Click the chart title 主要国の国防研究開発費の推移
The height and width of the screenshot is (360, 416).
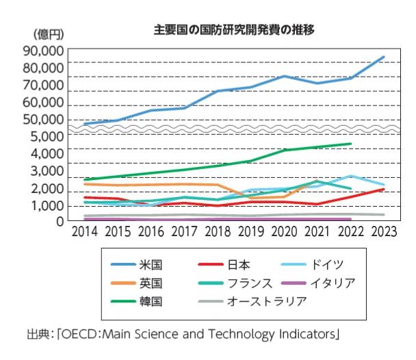pos(234,29)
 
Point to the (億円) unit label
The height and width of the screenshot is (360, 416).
pos(49,34)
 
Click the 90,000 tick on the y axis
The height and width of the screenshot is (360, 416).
pos(43,51)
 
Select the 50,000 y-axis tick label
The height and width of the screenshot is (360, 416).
pos(43,120)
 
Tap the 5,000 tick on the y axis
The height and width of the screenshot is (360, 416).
pos(47,137)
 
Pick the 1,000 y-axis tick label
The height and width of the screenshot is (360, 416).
pos(48,206)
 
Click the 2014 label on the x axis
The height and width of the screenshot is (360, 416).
pos(85,231)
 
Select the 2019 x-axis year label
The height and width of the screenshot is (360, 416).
pos(251,231)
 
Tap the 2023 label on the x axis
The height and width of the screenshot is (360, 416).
pos(384,231)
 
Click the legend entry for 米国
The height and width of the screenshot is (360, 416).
pos(136,264)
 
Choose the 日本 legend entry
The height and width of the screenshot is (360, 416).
pos(224,264)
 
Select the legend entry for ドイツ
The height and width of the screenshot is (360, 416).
pos(312,264)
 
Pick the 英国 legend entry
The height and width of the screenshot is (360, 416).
pos(136,283)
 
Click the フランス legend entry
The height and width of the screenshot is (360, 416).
pos(235,283)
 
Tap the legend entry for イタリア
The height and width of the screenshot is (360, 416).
pos(318,283)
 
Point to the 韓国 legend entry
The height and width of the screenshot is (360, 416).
pos(136,301)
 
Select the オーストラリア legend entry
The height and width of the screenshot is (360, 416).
pos(252,301)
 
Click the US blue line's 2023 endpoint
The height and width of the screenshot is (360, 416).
pos(383,57)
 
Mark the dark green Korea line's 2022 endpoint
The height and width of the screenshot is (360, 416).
pos(350,144)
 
